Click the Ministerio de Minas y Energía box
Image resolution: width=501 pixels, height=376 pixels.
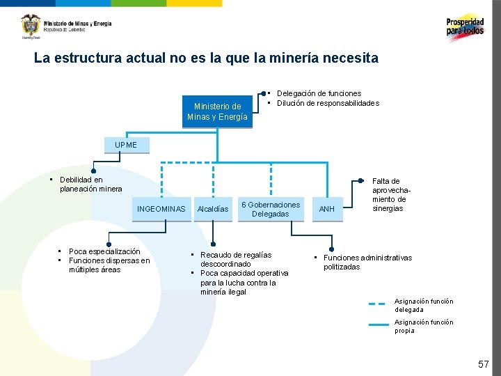(217, 111)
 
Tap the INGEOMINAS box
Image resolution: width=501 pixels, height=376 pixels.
(161, 209)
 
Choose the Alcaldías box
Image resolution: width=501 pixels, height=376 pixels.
(213, 209)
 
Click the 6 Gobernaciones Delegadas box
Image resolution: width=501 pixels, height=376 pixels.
(271, 209)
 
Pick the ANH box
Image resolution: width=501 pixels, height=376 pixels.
(326, 209)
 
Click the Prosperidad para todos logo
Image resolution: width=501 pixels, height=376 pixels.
(465, 27)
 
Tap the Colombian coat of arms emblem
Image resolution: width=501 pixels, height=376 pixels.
(31, 26)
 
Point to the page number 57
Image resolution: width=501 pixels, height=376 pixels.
(483, 364)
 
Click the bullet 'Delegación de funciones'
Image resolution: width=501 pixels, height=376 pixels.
(319, 93)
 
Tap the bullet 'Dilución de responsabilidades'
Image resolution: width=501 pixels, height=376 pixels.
(328, 103)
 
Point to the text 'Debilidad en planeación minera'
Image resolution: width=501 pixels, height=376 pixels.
(90, 185)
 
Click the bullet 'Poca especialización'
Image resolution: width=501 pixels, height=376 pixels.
(104, 251)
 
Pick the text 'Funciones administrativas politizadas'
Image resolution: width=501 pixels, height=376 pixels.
(367, 263)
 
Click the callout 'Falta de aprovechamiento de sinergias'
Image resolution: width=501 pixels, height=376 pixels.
(388, 195)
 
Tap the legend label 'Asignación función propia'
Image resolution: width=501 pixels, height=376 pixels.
(424, 326)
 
